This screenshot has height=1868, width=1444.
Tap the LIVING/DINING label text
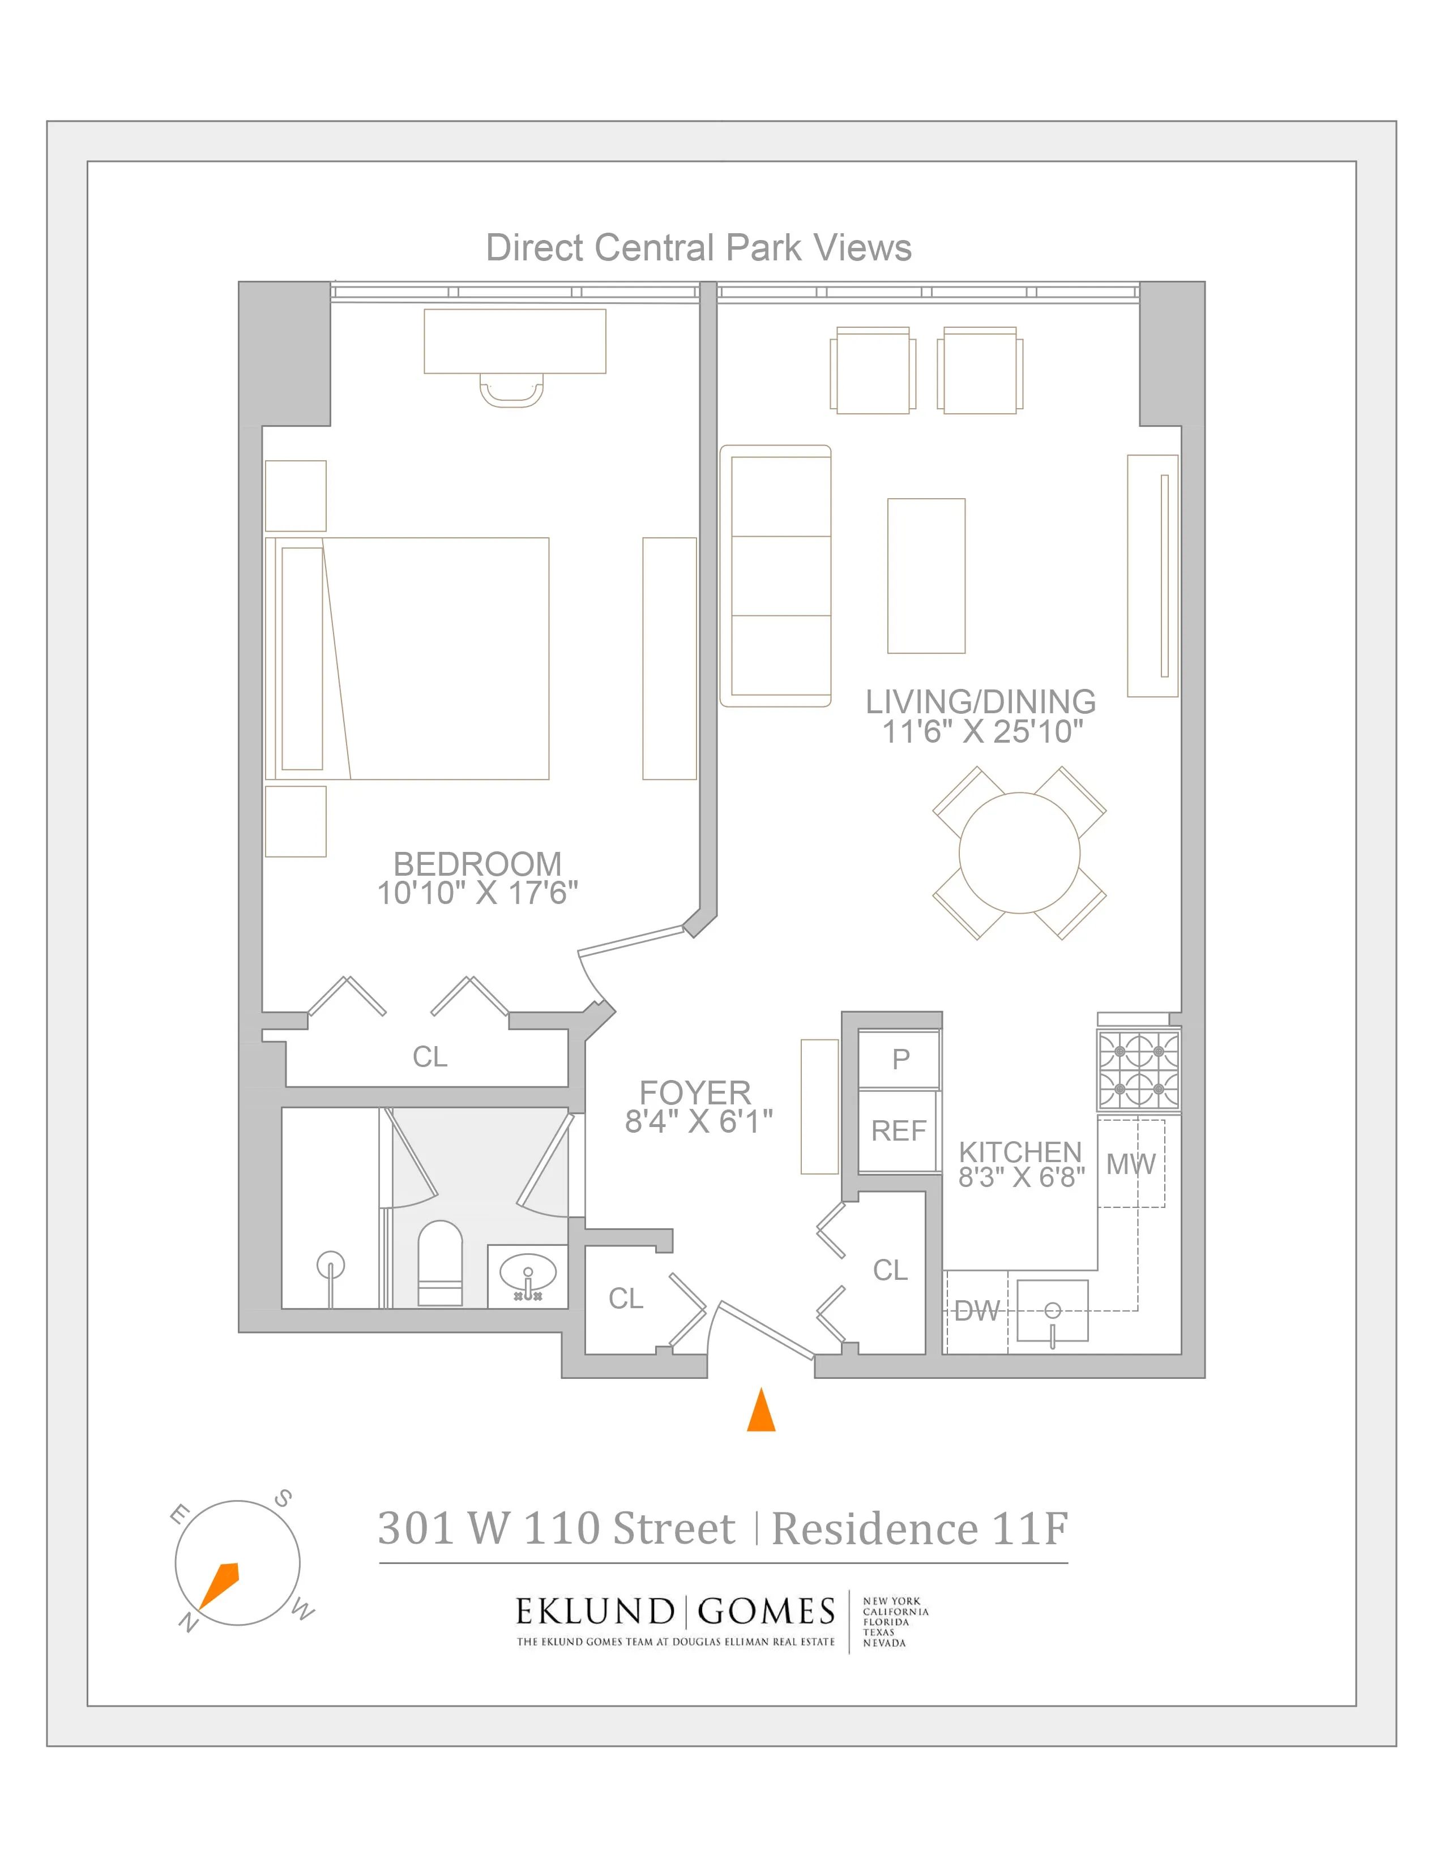click(x=980, y=702)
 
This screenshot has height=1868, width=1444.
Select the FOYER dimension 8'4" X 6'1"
click(x=698, y=1121)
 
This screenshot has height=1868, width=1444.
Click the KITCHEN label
click(x=1020, y=1151)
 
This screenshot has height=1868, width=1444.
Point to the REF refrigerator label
click(x=898, y=1131)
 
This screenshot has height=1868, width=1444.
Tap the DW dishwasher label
click(x=976, y=1310)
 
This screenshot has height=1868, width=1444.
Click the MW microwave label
click(x=1130, y=1163)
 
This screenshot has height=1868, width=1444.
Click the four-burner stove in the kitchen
click(x=1138, y=1071)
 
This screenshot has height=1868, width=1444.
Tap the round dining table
click(x=1019, y=852)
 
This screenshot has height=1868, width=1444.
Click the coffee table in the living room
click(x=926, y=576)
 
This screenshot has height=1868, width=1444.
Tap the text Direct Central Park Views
click(x=698, y=248)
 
